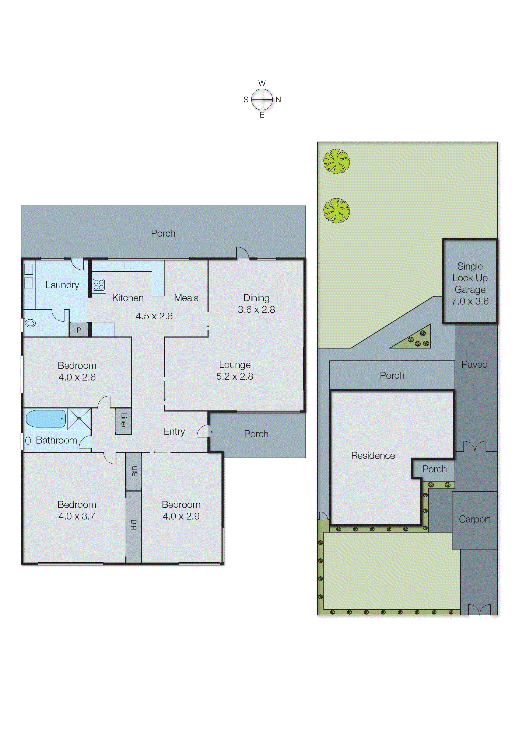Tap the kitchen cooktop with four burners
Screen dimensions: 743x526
[98, 285]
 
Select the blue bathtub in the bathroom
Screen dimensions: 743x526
[46, 419]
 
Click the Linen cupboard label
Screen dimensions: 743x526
[123, 421]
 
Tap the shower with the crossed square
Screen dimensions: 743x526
[79, 419]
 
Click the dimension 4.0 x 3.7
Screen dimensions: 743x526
[77, 516]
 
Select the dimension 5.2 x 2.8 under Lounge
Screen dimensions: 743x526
[235, 376]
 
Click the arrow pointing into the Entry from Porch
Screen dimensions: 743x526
[215, 432]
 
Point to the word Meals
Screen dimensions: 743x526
[186, 298]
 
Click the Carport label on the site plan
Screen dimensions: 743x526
[474, 519]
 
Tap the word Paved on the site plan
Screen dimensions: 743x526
[474, 365]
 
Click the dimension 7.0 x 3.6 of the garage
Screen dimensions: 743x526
[470, 301]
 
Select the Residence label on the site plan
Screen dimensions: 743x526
[373, 456]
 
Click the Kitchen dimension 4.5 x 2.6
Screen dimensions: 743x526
[154, 316]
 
